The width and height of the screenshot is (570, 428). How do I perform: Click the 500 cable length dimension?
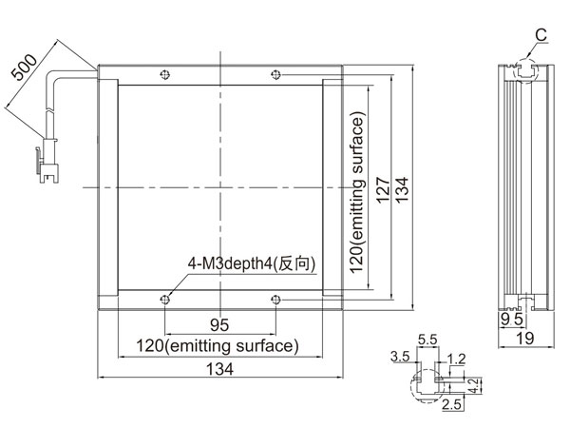pyautogui.click(x=25, y=68)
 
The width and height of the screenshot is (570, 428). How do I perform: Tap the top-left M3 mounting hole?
pyautogui.click(x=165, y=74)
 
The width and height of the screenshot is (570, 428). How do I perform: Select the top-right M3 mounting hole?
pyautogui.click(x=275, y=74)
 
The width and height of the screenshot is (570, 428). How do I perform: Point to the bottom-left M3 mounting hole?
pyautogui.click(x=165, y=300)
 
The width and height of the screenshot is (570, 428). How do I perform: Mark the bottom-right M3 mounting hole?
pyautogui.click(x=275, y=300)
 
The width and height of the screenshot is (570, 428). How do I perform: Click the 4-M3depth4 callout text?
pyautogui.click(x=252, y=263)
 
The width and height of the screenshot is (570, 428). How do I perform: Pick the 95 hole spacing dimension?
pyautogui.click(x=219, y=325)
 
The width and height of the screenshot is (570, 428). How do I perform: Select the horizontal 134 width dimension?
pyautogui.click(x=220, y=369)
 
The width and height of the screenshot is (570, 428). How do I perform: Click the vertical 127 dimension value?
pyautogui.click(x=383, y=190)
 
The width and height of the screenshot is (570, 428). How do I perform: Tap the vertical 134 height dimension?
pyautogui.click(x=402, y=190)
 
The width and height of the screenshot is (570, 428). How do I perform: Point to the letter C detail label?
pyautogui.click(x=541, y=35)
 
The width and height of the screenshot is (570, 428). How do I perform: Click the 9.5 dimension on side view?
pyautogui.click(x=511, y=320)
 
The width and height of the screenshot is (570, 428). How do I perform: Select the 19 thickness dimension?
pyautogui.click(x=525, y=339)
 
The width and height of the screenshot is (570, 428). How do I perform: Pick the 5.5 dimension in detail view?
pyautogui.click(x=427, y=340)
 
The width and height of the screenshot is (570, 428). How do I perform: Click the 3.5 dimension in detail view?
pyautogui.click(x=400, y=357)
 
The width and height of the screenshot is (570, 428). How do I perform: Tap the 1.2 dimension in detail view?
pyautogui.click(x=456, y=360)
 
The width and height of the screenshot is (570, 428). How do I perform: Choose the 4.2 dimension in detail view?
pyautogui.click(x=474, y=386)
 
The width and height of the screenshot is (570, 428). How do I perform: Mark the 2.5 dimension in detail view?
pyautogui.click(x=451, y=404)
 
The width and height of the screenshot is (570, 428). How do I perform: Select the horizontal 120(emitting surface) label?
pyautogui.click(x=218, y=346)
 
